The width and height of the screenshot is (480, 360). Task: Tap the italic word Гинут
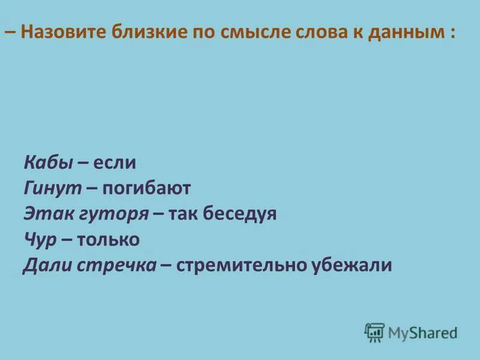[52, 188]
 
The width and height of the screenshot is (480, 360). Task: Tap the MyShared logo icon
[374, 332]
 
